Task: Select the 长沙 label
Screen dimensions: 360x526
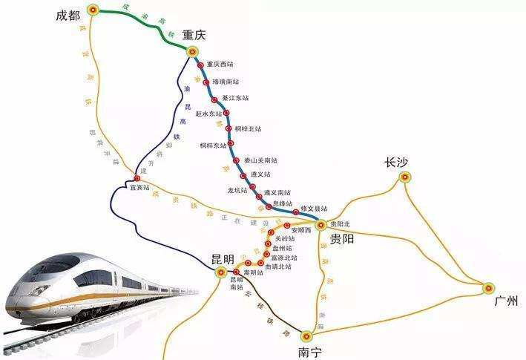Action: (396, 163)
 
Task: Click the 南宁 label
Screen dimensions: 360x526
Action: (310, 352)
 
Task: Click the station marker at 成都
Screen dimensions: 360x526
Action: (92, 10)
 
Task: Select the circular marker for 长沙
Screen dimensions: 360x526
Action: (404, 177)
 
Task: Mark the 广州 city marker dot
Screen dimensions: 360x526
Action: (488, 288)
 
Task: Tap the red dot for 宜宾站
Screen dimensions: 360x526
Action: (137, 178)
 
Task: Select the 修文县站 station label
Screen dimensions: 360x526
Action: (314, 209)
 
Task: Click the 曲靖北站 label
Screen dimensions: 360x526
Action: (284, 266)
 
